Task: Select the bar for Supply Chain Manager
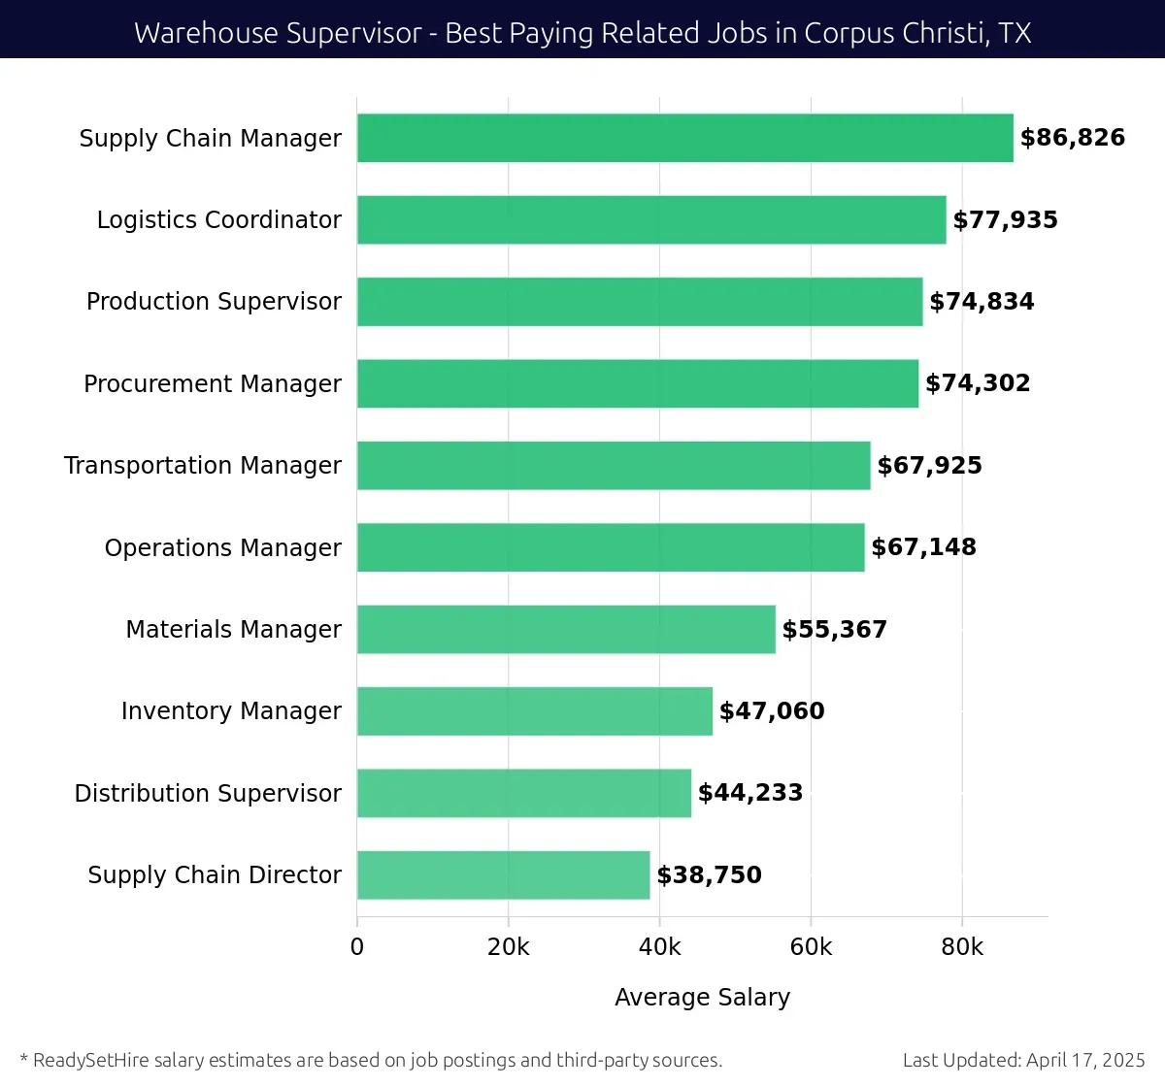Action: (x=684, y=138)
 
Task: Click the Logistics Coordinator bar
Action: (x=650, y=219)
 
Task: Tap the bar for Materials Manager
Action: (x=566, y=629)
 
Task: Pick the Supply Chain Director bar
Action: (x=503, y=874)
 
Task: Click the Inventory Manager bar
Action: (x=534, y=710)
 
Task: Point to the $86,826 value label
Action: (x=1072, y=138)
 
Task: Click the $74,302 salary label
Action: (x=978, y=383)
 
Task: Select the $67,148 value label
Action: (x=923, y=547)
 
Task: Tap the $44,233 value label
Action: (x=749, y=793)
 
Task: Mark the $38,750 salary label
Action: (x=709, y=874)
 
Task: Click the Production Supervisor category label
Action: (x=214, y=302)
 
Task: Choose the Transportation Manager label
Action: (x=202, y=466)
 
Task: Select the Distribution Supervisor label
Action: (x=208, y=793)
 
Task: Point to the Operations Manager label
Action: (x=222, y=547)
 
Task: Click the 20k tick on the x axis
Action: (x=508, y=947)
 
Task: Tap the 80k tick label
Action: (x=961, y=947)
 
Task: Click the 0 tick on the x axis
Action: (x=357, y=947)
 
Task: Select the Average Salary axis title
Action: (x=702, y=997)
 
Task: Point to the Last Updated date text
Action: (x=1023, y=1060)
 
